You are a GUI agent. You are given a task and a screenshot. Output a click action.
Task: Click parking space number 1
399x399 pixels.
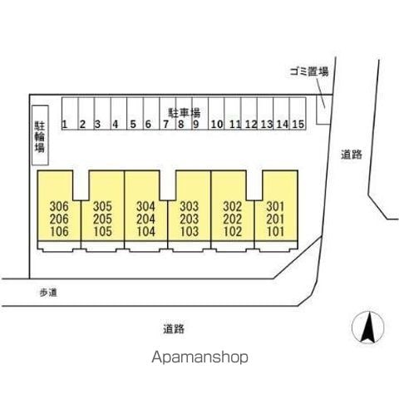point(70,113)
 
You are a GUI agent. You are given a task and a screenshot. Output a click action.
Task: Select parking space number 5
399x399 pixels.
point(135,113)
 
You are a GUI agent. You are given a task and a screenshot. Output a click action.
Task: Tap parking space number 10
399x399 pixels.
point(216,113)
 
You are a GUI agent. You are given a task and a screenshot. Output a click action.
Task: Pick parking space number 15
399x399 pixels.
point(298,113)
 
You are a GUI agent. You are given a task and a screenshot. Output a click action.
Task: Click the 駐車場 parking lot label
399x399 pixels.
point(185,113)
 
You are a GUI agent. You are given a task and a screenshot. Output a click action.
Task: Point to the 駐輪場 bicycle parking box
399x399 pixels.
point(41,135)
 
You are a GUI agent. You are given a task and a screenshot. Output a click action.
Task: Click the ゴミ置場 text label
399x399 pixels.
point(309,71)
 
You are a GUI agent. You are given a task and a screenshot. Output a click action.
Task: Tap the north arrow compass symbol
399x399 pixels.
point(368,328)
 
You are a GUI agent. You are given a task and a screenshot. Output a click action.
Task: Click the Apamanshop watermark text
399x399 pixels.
point(199,357)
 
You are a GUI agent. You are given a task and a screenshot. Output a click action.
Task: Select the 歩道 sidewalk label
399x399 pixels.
point(48,293)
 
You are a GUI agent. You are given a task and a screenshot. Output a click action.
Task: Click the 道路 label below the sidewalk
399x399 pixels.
point(174,329)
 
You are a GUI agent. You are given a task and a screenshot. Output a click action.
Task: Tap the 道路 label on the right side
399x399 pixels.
point(352,155)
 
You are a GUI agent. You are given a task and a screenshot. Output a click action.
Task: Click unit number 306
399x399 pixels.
point(59,206)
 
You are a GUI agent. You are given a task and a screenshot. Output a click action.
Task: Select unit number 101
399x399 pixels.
point(275,232)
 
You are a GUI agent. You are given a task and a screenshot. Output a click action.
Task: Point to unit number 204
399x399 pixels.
point(145,219)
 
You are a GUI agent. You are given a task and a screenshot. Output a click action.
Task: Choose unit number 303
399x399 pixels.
point(190,206)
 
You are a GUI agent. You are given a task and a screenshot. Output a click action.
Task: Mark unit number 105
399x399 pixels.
point(102,232)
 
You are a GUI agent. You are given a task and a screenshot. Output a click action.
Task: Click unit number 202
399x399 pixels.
point(233,219)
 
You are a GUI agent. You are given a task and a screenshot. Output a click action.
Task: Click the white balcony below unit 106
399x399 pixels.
point(59,246)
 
